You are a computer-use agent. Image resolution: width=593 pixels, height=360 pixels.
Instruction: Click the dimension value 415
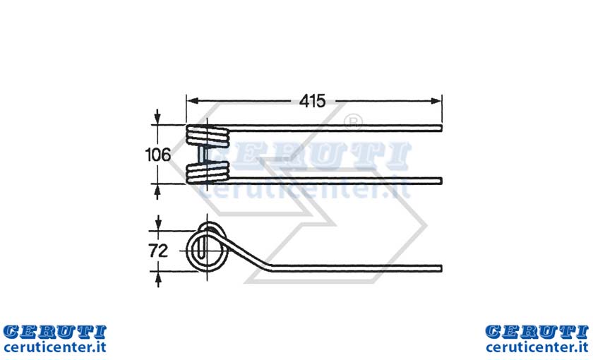pos(312,101)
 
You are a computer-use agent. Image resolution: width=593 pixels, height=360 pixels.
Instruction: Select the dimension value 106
pos(157,155)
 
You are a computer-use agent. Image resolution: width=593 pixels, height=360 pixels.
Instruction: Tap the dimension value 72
pos(158,251)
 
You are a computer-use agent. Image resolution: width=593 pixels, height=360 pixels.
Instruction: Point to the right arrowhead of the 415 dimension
pos(436,101)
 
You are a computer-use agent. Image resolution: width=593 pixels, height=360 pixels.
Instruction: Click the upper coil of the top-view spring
pos(208,136)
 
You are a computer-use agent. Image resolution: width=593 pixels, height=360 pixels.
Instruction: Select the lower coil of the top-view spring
pos(208,172)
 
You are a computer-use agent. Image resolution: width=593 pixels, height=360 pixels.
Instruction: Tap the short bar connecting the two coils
pos(203,155)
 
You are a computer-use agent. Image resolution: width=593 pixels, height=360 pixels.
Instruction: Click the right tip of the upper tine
pos(441,128)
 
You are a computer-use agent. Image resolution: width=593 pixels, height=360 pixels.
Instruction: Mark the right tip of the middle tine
pos(441,181)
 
